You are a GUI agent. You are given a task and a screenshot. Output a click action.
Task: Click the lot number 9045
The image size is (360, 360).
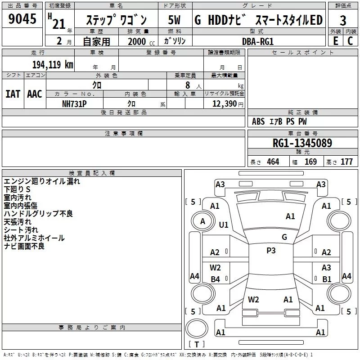[x=22, y=19]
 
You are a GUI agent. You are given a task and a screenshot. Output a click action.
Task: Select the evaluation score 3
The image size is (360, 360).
[x=343, y=21]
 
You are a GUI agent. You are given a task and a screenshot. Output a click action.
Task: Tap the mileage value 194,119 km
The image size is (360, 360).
[x=53, y=64]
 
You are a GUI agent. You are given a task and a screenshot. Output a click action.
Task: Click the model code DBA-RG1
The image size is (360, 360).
[x=257, y=41]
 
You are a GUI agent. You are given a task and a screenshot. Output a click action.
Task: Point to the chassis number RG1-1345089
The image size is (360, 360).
[x=303, y=143]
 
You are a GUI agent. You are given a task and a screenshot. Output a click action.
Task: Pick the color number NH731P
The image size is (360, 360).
[x=74, y=103]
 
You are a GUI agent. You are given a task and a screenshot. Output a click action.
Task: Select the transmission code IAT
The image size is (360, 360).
[x=13, y=94]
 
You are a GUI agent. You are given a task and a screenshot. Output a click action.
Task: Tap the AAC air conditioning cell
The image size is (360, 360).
[x=35, y=94]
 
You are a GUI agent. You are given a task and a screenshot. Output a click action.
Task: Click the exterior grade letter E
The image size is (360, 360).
[x=335, y=40]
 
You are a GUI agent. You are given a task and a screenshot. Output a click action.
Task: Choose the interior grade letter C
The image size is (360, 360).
[x=350, y=40]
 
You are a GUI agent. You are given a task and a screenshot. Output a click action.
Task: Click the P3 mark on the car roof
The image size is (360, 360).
[x=271, y=251]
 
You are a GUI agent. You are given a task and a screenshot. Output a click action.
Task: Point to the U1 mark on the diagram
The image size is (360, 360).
[x=224, y=225]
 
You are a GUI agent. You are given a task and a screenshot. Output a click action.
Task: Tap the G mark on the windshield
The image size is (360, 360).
[x=284, y=237]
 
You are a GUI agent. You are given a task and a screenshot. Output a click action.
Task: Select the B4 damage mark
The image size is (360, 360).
[x=216, y=279]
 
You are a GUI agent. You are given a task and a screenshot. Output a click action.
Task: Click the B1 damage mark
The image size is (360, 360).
[x=327, y=279]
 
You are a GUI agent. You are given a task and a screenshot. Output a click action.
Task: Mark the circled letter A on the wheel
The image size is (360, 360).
[x=202, y=221]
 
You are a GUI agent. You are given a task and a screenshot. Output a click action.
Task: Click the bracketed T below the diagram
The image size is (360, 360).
[x=197, y=345]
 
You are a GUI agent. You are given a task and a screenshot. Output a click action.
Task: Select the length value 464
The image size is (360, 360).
[x=273, y=162]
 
